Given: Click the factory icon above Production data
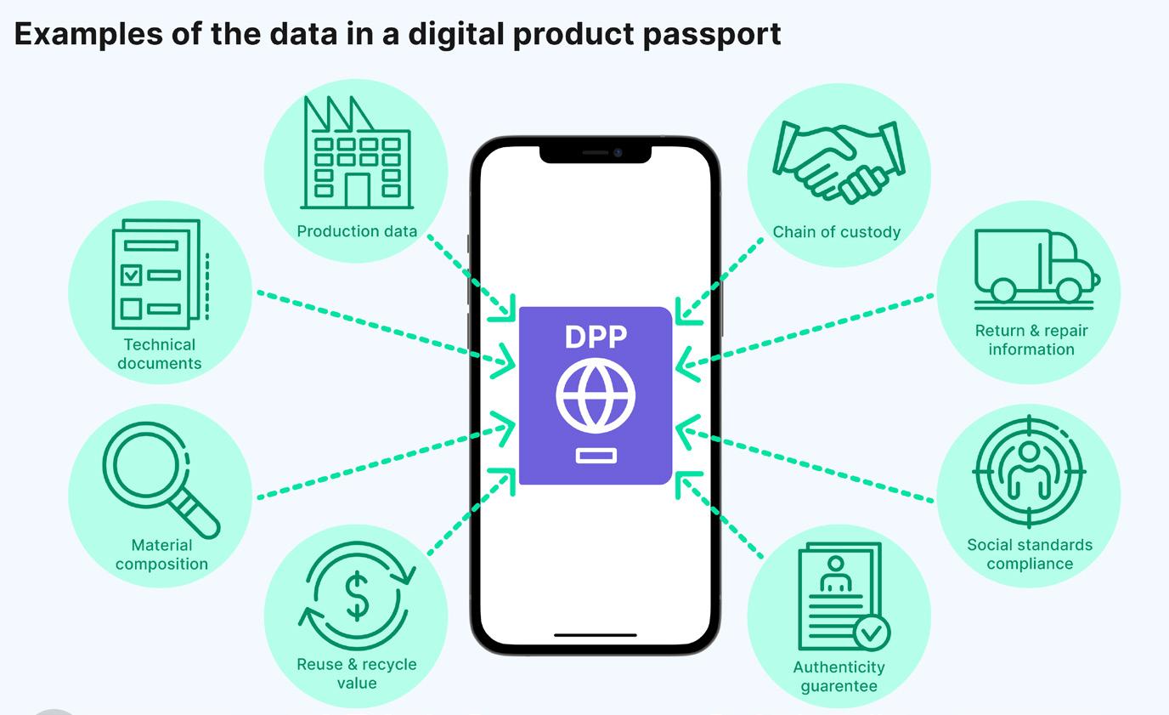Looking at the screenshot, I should tap(357, 153).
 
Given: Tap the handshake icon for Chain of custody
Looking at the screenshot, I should tap(839, 161).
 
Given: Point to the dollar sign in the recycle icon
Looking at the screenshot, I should tap(358, 596).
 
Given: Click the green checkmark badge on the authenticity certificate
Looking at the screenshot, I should tap(871, 633).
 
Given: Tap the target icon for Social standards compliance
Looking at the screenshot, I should tap(1029, 471).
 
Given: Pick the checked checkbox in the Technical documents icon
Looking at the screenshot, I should tap(131, 275).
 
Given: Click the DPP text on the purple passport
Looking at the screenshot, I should tap(596, 337).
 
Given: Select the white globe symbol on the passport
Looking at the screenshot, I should tap(596, 395).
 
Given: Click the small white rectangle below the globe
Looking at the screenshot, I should tap(596, 457).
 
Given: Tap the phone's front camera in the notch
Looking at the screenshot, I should tap(618, 153).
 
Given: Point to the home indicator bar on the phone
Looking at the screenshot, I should tap(595, 634).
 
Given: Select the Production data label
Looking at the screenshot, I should tap(357, 231).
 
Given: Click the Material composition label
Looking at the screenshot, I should tap(161, 554).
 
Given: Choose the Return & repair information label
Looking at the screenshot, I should tap(1031, 340).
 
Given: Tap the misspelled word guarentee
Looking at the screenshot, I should tap(839, 686).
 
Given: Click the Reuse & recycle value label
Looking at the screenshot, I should tap(357, 673).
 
